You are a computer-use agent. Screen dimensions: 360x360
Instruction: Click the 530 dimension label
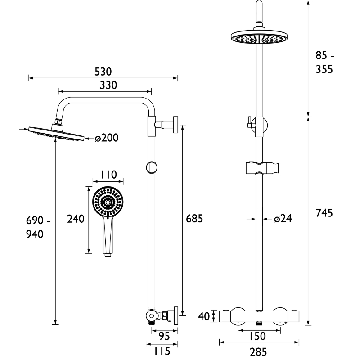click(103, 72)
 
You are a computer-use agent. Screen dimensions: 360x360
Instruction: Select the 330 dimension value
click(108, 85)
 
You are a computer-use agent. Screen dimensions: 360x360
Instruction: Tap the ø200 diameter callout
click(107, 138)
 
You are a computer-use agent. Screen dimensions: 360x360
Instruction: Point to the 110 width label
click(108, 175)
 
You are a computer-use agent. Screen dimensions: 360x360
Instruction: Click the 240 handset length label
click(76, 219)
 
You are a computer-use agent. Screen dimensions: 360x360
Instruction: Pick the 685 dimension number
click(194, 219)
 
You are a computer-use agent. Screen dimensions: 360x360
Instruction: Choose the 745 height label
click(324, 213)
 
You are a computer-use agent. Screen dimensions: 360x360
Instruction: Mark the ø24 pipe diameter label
click(283, 219)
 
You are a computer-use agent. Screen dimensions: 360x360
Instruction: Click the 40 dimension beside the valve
click(204, 316)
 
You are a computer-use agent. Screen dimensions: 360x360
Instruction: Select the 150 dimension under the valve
click(257, 336)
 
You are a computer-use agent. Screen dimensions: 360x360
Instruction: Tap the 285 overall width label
click(258, 352)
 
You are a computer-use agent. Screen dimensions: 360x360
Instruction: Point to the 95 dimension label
click(164, 337)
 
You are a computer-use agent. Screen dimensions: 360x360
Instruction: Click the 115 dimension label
click(162, 351)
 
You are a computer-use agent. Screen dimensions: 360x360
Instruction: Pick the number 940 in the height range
click(35, 234)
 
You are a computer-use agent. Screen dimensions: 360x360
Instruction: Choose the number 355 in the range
click(324, 69)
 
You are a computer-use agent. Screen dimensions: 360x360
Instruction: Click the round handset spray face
click(108, 202)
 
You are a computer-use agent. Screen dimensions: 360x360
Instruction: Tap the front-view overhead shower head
click(260, 38)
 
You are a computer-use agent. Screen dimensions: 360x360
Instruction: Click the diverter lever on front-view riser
click(250, 122)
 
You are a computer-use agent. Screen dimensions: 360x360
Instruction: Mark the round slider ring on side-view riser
click(152, 167)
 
